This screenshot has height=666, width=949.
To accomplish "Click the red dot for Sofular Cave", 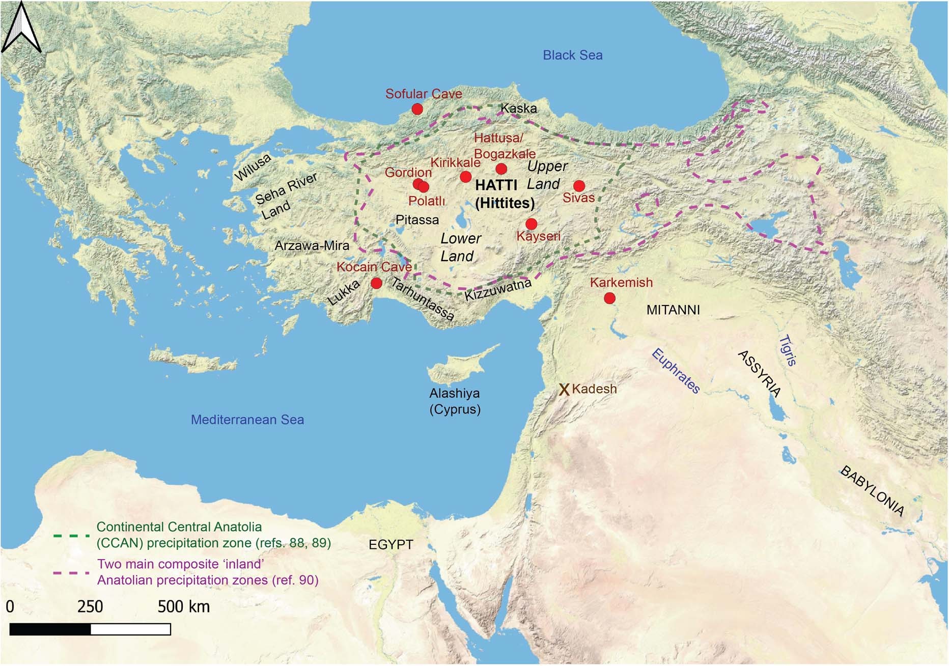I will click(417, 109).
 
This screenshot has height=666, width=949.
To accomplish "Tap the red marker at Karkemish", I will click(609, 298).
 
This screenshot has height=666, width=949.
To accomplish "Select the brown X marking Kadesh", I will click(564, 390).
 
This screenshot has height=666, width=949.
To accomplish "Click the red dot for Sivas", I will click(579, 186).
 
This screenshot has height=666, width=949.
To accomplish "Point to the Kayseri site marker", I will click(531, 224).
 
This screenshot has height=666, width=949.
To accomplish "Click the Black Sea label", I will click(572, 55).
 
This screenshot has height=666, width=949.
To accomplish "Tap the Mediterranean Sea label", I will click(247, 420).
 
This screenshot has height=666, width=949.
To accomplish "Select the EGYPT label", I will click(390, 544).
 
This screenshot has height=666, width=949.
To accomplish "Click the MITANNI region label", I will click(673, 310).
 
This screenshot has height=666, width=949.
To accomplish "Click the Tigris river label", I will click(787, 350).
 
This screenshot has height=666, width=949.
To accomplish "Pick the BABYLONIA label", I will click(872, 491).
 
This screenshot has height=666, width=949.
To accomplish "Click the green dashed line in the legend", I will click(71, 536).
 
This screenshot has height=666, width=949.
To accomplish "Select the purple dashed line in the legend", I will click(71, 573).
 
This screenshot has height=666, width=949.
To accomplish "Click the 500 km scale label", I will click(183, 606).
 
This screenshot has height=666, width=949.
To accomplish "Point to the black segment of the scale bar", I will click(50, 629).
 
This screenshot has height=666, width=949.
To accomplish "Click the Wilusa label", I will click(253, 168).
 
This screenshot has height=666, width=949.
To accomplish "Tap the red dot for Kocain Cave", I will click(376, 283).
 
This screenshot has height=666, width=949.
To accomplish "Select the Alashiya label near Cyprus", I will click(454, 393).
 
